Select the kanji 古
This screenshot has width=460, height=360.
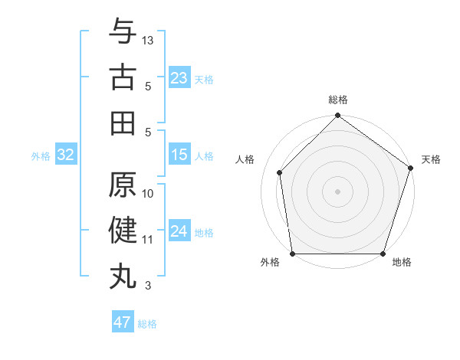click(x=123, y=78)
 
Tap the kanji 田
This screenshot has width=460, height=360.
click(x=123, y=123)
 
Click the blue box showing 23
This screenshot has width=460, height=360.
click(x=179, y=77)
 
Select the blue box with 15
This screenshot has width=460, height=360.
click(x=179, y=155)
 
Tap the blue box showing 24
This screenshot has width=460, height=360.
click(x=179, y=231)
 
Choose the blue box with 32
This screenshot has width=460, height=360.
click(x=66, y=155)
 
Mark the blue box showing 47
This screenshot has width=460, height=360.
click(x=122, y=322)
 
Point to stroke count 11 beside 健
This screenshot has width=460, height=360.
click(x=148, y=240)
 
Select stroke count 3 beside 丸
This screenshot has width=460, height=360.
click(x=148, y=286)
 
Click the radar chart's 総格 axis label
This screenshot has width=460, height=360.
click(x=338, y=100)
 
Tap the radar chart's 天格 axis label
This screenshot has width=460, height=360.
click(x=431, y=159)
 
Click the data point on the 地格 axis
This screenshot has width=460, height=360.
click(x=383, y=254)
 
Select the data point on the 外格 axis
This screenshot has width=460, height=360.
click(x=292, y=254)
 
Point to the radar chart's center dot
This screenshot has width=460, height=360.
click(x=337, y=191)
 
